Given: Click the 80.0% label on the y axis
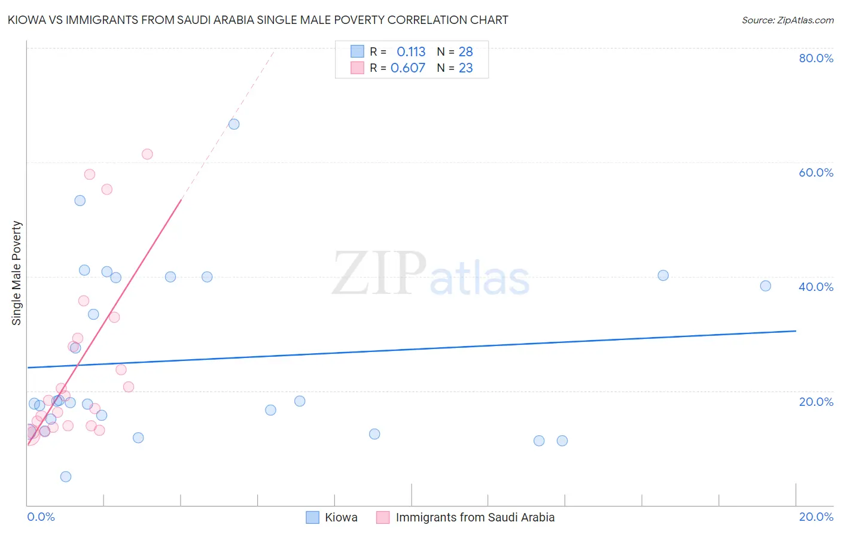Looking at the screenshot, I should (x=816, y=58).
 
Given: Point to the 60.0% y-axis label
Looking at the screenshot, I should (x=816, y=172).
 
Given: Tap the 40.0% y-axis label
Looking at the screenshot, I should (x=816, y=287).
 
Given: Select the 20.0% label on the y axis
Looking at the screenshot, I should (x=816, y=402).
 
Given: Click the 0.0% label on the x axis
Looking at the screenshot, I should (x=41, y=517).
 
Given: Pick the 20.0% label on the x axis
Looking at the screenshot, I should (x=816, y=517).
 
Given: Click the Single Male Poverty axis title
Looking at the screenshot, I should (x=17, y=273).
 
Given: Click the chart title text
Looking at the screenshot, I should (x=258, y=20).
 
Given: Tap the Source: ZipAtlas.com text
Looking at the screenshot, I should (x=787, y=20).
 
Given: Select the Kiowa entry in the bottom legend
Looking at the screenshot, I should (x=340, y=517).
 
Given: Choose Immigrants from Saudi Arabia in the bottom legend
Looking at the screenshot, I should (x=475, y=517).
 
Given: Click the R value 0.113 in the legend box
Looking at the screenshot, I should (x=411, y=51).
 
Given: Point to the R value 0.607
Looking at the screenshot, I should (x=408, y=68).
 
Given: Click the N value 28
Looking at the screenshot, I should (x=465, y=51).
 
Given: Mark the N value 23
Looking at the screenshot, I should (x=465, y=68).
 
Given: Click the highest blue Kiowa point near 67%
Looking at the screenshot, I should (x=234, y=124).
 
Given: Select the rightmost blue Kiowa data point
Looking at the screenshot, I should (x=766, y=286).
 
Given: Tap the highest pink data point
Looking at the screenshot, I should (x=147, y=154).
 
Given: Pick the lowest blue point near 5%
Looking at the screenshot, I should (x=66, y=477).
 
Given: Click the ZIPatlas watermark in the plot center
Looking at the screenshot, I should (x=431, y=274).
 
